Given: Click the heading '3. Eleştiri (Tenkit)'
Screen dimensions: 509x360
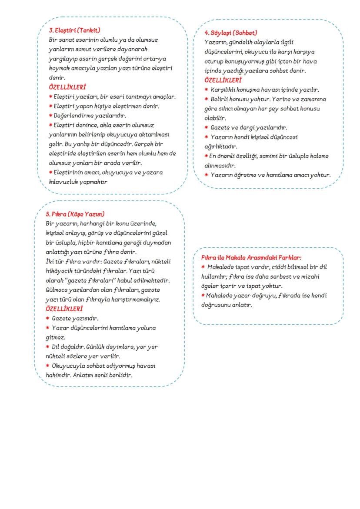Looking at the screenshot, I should [x=74, y=30].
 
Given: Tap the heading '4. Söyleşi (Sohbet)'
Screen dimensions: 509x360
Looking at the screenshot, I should [x=230, y=33].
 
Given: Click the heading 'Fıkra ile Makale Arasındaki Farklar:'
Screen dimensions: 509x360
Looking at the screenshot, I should [x=251, y=257].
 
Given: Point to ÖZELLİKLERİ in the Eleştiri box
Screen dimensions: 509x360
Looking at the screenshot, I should [x=67, y=87].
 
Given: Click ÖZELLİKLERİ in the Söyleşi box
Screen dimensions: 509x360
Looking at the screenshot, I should [x=223, y=80].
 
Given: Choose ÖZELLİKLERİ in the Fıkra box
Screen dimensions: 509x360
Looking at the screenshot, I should [x=64, y=309].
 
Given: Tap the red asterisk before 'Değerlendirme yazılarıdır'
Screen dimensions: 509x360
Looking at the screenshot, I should [x=50, y=116].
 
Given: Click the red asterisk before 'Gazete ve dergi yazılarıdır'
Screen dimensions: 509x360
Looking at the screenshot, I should [x=207, y=128].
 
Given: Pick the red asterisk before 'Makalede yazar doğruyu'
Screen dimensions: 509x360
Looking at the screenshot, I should [x=203, y=296].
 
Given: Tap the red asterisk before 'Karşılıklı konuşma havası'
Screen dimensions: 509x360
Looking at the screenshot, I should [x=207, y=90].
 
